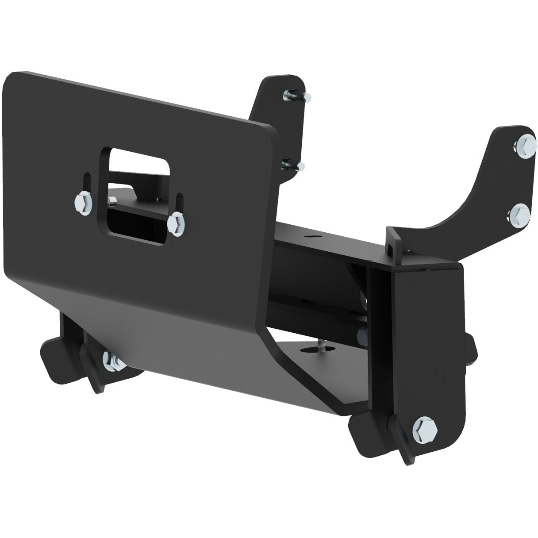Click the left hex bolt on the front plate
tap(83, 203)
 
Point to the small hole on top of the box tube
tap(313, 237)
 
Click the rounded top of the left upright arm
tap(283, 82)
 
